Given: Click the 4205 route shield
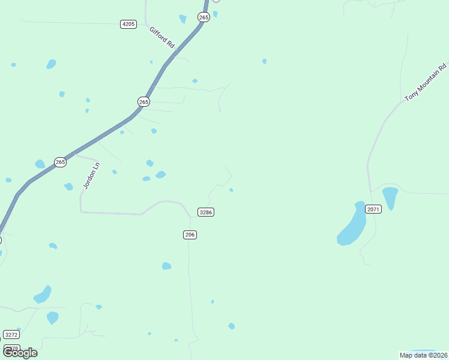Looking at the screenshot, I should pyautogui.click(x=128, y=24).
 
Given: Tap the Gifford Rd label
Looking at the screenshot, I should pyautogui.click(x=162, y=37).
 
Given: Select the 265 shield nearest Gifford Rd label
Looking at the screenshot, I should pyautogui.click(x=203, y=17).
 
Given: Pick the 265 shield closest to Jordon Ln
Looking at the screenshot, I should pyautogui.click(x=60, y=162).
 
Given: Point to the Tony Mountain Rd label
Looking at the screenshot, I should pyautogui.click(x=426, y=82).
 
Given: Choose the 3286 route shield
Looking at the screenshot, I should pyautogui.click(x=206, y=212).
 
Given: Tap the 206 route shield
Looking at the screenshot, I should pyautogui.click(x=190, y=235).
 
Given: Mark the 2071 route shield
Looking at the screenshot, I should pyautogui.click(x=373, y=209).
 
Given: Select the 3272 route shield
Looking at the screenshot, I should pyautogui.click(x=11, y=334).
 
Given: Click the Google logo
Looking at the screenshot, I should pyautogui.click(x=20, y=353).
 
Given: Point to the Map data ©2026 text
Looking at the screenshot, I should pyautogui.click(x=423, y=355).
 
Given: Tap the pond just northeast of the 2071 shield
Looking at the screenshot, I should pyautogui.click(x=390, y=196).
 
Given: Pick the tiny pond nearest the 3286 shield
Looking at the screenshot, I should pyautogui.click(x=231, y=190).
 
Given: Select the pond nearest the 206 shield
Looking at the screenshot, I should pyautogui.click(x=166, y=266).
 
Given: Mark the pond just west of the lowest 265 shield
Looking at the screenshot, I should pyautogui.click(x=40, y=164).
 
